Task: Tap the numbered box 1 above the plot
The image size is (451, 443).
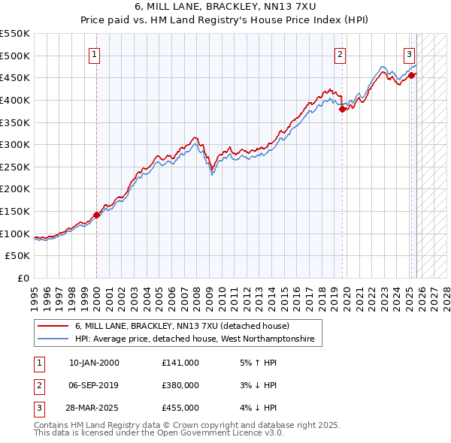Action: pyautogui.click(x=95, y=54)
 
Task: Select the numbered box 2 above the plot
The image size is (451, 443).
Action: pyautogui.click(x=341, y=54)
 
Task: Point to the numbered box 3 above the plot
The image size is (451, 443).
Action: pyautogui.click(x=409, y=54)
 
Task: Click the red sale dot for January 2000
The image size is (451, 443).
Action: pyautogui.click(x=97, y=215)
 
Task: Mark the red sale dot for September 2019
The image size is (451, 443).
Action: pyautogui.click(x=342, y=109)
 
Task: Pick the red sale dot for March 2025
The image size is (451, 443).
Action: pyautogui.click(x=412, y=75)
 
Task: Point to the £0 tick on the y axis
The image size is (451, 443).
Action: pyautogui.click(x=24, y=278)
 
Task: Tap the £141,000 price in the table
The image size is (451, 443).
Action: pyautogui.click(x=180, y=363)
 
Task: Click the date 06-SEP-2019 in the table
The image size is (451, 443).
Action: pyautogui.click(x=94, y=385)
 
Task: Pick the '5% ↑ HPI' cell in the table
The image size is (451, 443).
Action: pyautogui.click(x=256, y=363)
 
